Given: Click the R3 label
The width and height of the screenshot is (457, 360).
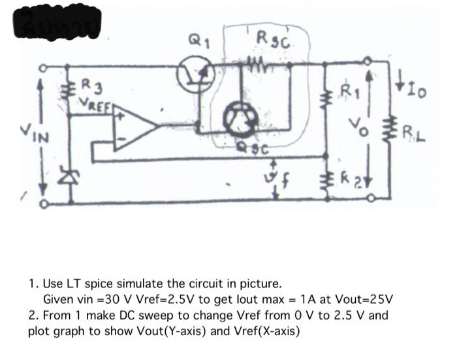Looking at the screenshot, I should coord(92,86).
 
